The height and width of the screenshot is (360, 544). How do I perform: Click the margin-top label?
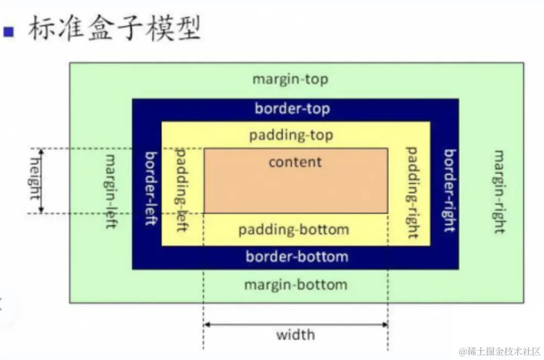tap(290, 79)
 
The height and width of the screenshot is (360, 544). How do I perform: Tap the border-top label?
tap(292, 109)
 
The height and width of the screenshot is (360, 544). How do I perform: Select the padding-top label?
tap(291, 135)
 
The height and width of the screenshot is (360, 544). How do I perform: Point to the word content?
tap(295, 162)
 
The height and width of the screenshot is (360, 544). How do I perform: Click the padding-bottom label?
tap(294, 229)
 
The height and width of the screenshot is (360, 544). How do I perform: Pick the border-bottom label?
tap(297, 256)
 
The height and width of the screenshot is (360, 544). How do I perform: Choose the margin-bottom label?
tap(295, 284)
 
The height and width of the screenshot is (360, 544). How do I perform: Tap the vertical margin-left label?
tap(111, 191)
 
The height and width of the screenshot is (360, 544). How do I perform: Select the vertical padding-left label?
tap(182, 190)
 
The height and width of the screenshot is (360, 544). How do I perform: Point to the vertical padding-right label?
tap(412, 192)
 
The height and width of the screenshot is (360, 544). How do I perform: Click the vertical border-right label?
tap(450, 190)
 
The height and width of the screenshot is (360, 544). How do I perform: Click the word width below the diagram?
tap(295, 335)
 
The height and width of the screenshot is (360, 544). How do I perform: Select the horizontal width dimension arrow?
tap(296, 324)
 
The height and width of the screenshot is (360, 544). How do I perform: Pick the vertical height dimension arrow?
tap(42, 181)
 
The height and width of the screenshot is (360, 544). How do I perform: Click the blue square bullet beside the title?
tap(8, 32)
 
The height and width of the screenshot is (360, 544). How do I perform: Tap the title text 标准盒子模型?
tap(114, 29)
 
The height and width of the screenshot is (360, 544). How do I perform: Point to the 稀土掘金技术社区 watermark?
tap(500, 351)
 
